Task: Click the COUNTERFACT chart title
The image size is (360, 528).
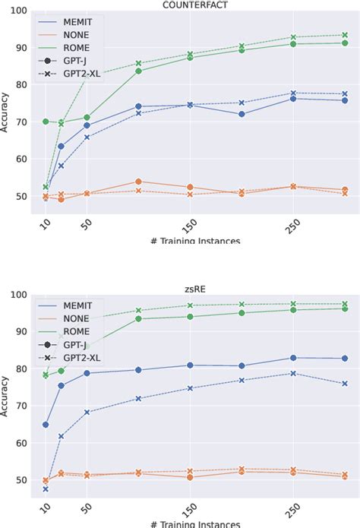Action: click(195, 5)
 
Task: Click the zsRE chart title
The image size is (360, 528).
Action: click(195, 287)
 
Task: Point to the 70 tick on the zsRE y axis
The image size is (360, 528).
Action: click(21, 406)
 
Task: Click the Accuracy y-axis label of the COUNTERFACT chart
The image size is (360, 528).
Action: click(6, 114)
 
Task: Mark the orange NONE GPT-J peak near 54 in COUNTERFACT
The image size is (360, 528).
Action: click(138, 182)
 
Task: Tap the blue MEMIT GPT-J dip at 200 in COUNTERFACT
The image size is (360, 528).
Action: click(242, 114)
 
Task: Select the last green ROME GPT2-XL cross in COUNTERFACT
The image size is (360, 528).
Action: click(344, 34)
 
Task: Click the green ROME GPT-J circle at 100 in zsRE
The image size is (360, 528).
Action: click(138, 318)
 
